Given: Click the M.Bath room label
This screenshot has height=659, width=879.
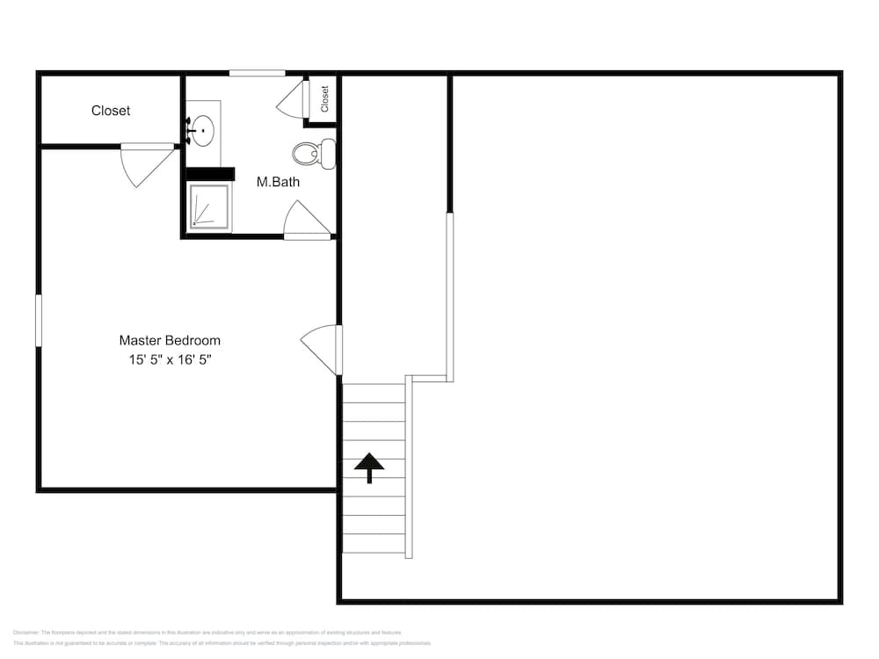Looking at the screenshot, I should pos(278,182).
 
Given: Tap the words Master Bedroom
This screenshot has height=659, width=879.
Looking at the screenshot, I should pos(170,340).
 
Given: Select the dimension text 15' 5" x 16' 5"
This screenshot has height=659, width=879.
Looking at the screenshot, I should pos(170,359).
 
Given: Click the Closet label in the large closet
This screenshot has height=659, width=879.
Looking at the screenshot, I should pos(111,111).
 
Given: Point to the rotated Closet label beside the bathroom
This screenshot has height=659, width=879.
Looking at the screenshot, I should pos(324,98).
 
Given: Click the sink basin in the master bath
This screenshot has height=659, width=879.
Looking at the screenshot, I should pos(204,132).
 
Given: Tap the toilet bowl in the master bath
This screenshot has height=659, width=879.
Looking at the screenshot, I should pos(306,154).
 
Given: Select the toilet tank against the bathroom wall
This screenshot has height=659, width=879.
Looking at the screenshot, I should pos(328,154).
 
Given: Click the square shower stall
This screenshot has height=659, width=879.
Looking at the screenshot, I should pos(209,207).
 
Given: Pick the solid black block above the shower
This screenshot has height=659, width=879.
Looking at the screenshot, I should pos(209,174).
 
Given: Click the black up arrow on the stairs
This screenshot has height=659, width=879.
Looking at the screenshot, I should pos(369,467).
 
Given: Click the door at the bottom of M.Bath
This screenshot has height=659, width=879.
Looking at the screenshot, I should pos(306,221).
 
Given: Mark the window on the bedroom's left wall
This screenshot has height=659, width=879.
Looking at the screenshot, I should pos(39,321).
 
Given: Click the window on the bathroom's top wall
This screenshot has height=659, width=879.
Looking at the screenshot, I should pos(257,73).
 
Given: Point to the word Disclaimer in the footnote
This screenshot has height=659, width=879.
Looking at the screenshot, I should pos(25,633).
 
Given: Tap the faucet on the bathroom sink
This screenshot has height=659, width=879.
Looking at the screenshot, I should pos(190,132).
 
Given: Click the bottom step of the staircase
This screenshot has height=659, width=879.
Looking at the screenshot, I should pos(374,545).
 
